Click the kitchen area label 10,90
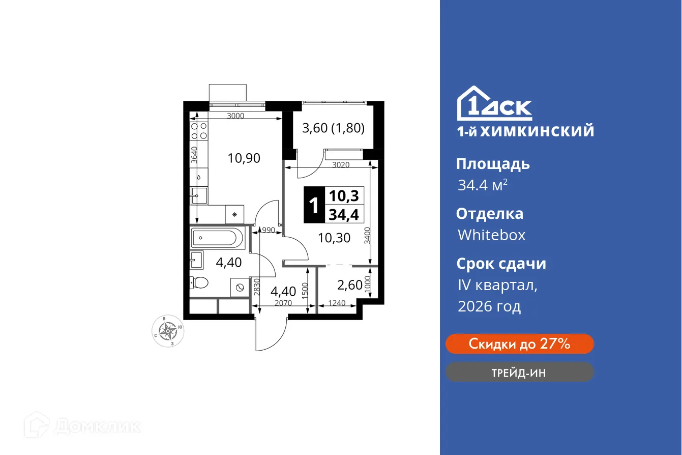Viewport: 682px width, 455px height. [x=244, y=158]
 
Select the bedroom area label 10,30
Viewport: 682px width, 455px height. [x=334, y=237]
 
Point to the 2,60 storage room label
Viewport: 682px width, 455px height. [x=350, y=285]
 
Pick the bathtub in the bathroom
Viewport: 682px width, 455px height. [x=218, y=238]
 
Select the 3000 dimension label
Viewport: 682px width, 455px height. [x=235, y=116]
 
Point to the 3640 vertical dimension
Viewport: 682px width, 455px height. [x=194, y=154]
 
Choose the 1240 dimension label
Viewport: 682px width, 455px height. [x=337, y=304]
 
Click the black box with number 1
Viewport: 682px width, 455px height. [x=314, y=205]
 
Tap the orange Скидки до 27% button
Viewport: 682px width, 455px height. [x=519, y=344]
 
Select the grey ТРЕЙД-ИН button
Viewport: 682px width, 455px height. [x=519, y=373]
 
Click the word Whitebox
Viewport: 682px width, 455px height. [x=491, y=235]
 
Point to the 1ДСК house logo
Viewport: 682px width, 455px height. [x=494, y=104]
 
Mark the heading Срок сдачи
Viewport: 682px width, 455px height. [x=501, y=264]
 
